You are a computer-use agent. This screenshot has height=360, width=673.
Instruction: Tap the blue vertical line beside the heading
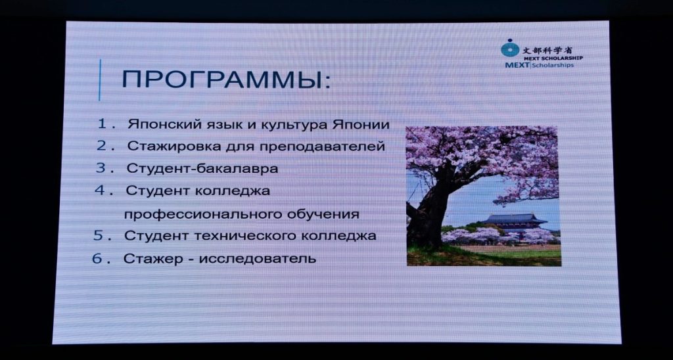(100, 79)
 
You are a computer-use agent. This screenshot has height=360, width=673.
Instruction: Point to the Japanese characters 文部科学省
(547, 50)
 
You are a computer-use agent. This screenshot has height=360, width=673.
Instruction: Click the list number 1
(102, 124)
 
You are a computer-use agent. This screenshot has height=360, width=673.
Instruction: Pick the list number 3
(101, 168)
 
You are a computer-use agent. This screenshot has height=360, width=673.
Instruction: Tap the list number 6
(97, 259)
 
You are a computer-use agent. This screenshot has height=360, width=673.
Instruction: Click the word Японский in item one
(159, 125)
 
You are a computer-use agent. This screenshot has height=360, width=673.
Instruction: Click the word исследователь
(258, 259)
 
